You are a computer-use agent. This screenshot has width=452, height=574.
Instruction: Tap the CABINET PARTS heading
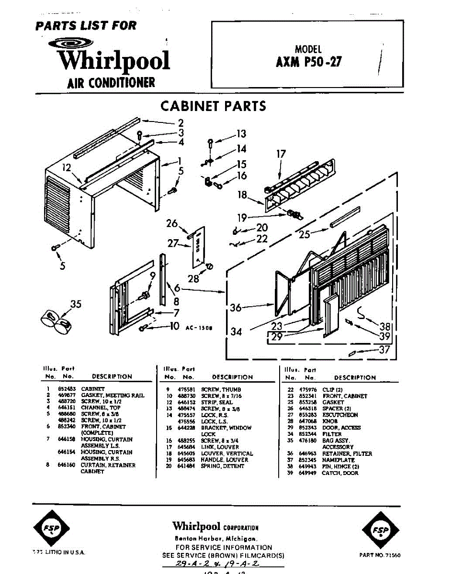[x=213, y=106]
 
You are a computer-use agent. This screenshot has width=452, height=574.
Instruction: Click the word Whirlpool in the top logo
[x=114, y=60]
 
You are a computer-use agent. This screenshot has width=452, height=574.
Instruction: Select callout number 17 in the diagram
[x=281, y=154]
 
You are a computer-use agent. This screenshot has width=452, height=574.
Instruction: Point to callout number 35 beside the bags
[x=76, y=304]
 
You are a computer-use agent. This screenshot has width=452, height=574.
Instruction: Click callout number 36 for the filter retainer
[x=236, y=308]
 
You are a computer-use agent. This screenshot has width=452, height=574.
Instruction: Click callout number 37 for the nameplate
[x=385, y=350]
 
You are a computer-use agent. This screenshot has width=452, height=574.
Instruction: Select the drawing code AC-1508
[x=198, y=329]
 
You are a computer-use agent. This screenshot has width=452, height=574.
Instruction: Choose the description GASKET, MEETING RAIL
[x=112, y=396]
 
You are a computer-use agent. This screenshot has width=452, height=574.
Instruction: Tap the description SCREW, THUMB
[x=221, y=390]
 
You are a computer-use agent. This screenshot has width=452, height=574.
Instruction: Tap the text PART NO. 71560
[x=380, y=555]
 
